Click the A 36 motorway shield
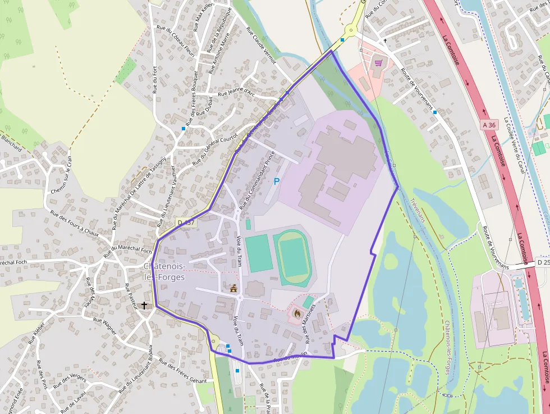489,125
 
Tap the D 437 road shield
186,222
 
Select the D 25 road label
542,262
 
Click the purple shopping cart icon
378,63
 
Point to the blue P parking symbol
276,181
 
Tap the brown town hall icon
233,288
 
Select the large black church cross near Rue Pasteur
145,306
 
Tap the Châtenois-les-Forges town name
164,271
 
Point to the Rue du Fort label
155,80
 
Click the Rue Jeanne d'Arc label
236,90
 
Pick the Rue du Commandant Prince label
257,180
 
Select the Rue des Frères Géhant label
183,371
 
